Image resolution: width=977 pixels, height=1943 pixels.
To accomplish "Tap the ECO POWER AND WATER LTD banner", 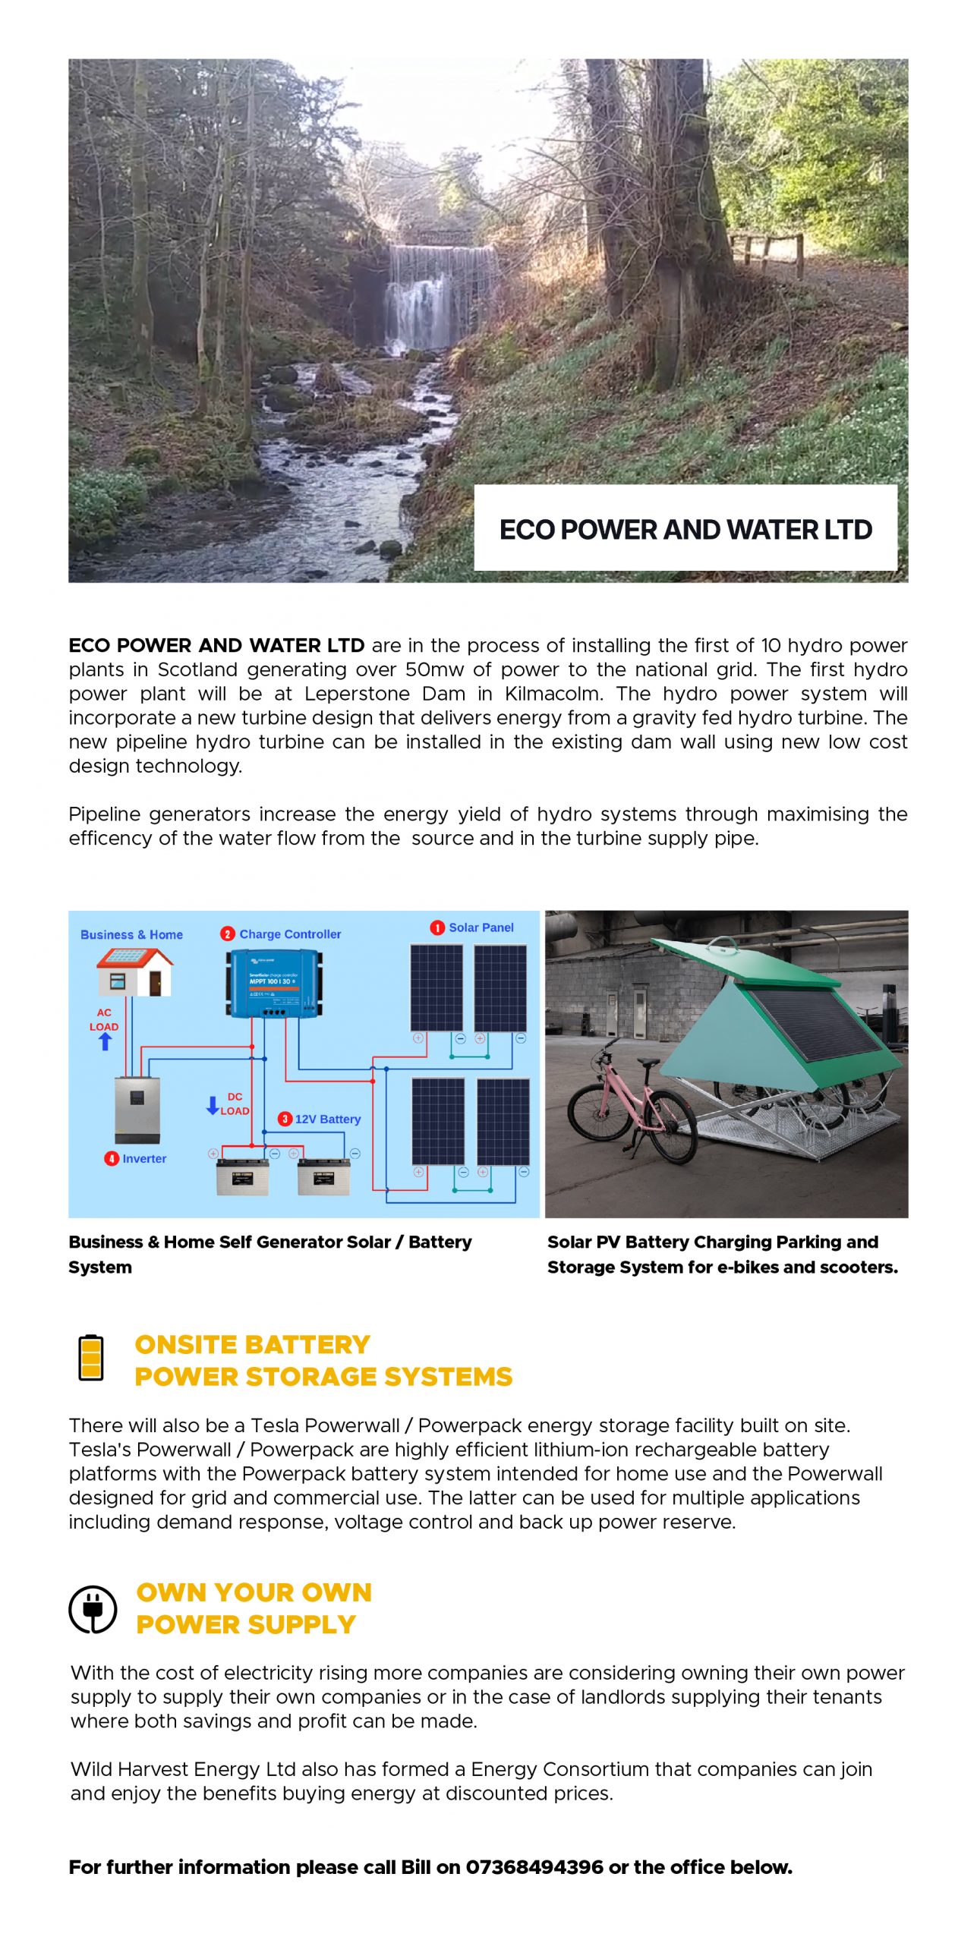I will point(685,529).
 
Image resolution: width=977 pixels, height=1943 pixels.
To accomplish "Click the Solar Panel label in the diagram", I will point(481,927).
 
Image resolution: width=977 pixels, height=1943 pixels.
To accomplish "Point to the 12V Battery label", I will point(327,1119).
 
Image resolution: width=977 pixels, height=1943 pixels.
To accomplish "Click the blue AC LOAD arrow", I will point(105,1041).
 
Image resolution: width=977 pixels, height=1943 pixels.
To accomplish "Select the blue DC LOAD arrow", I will point(213,1105).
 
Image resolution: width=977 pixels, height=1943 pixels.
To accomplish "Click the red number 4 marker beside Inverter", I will point(112,1158).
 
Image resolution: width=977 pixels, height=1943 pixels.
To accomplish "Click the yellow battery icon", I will point(91,1358).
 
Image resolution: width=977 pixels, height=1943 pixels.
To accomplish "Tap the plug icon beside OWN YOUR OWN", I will point(93,1608).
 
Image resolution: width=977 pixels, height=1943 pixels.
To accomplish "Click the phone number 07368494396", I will point(534,1867).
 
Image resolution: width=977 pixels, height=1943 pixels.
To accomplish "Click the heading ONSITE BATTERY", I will point(252,1345).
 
